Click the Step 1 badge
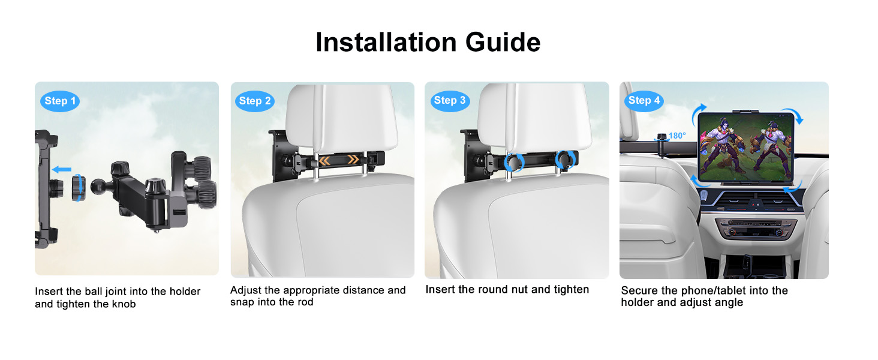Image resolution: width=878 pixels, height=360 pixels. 60,101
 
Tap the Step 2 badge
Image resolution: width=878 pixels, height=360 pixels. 255,101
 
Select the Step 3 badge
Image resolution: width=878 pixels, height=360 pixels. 450,101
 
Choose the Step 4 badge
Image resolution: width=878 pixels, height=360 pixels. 644,101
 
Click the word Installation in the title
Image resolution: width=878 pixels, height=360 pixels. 386,43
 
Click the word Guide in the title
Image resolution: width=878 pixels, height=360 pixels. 503,43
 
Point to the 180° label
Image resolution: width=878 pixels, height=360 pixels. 677,136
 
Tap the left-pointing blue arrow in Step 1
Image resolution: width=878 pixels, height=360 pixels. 62,169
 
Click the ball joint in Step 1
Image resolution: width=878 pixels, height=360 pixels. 97,186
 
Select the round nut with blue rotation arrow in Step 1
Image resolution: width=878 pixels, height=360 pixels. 79,188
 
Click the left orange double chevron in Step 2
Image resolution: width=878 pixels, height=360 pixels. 324,160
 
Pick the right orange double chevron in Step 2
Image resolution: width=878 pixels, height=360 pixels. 353,159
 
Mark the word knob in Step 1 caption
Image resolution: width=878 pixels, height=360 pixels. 124,304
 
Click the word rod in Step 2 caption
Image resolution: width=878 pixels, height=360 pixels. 305,302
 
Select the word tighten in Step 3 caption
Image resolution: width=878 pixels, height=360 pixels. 572,289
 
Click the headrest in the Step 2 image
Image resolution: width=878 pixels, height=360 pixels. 341,118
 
